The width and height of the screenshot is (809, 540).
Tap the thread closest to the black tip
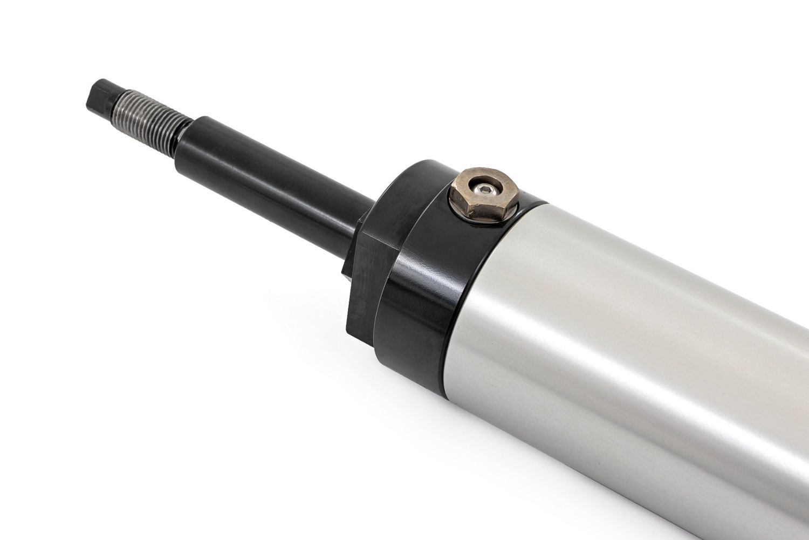[x=120, y=102]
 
